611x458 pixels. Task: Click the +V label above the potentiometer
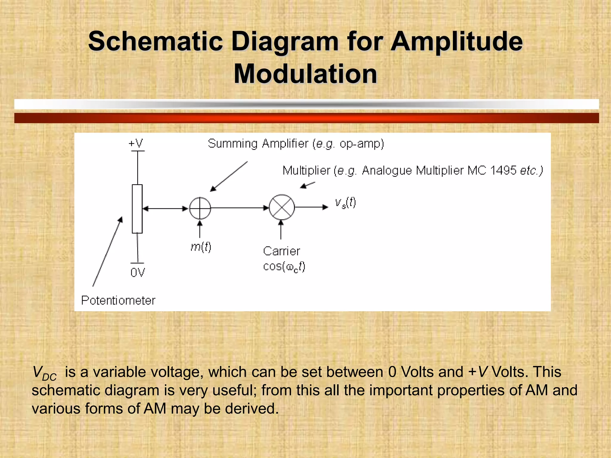(x=136, y=143)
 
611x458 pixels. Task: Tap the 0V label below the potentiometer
(x=138, y=273)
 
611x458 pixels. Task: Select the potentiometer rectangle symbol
(x=137, y=209)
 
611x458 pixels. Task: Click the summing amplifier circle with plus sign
(x=200, y=208)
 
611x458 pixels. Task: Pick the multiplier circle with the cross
(x=282, y=208)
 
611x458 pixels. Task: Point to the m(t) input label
(x=201, y=247)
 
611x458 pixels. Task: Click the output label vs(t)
(x=345, y=203)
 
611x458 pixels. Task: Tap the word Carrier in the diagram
(x=281, y=251)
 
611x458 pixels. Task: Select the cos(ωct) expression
(x=284, y=266)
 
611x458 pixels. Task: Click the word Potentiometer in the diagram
(x=118, y=300)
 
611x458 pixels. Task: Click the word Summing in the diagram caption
(x=233, y=144)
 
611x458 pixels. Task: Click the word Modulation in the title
(x=305, y=74)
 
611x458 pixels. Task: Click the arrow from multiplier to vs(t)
(x=311, y=207)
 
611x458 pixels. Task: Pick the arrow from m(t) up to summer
(x=200, y=229)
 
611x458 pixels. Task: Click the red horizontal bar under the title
(x=306, y=118)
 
